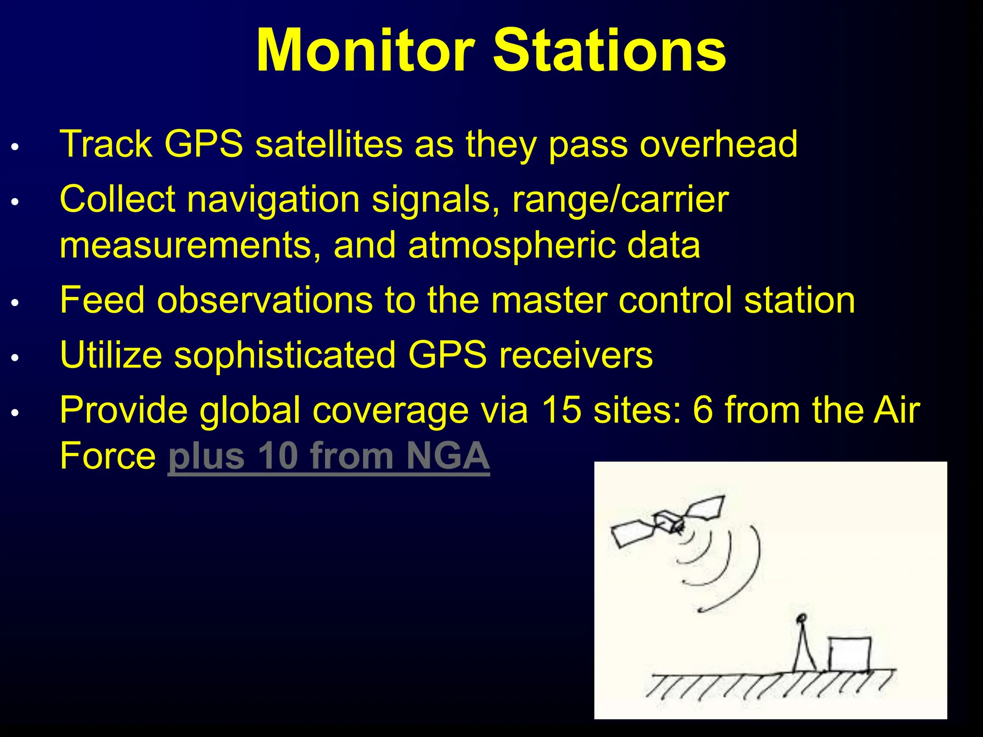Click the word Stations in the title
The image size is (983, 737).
click(x=610, y=50)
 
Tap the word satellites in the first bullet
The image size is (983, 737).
click(x=328, y=144)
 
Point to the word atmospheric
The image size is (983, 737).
click(x=512, y=245)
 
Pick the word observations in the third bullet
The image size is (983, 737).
click(x=264, y=300)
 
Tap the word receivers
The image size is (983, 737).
click(x=575, y=355)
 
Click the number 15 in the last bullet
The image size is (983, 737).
click(x=561, y=410)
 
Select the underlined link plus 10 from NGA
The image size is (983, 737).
click(x=328, y=456)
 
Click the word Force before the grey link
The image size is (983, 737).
click(x=108, y=456)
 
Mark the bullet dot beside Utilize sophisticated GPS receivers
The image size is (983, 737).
click(x=15, y=358)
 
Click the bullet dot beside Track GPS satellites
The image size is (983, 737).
click(x=15, y=147)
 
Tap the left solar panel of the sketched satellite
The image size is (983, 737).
click(x=632, y=533)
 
